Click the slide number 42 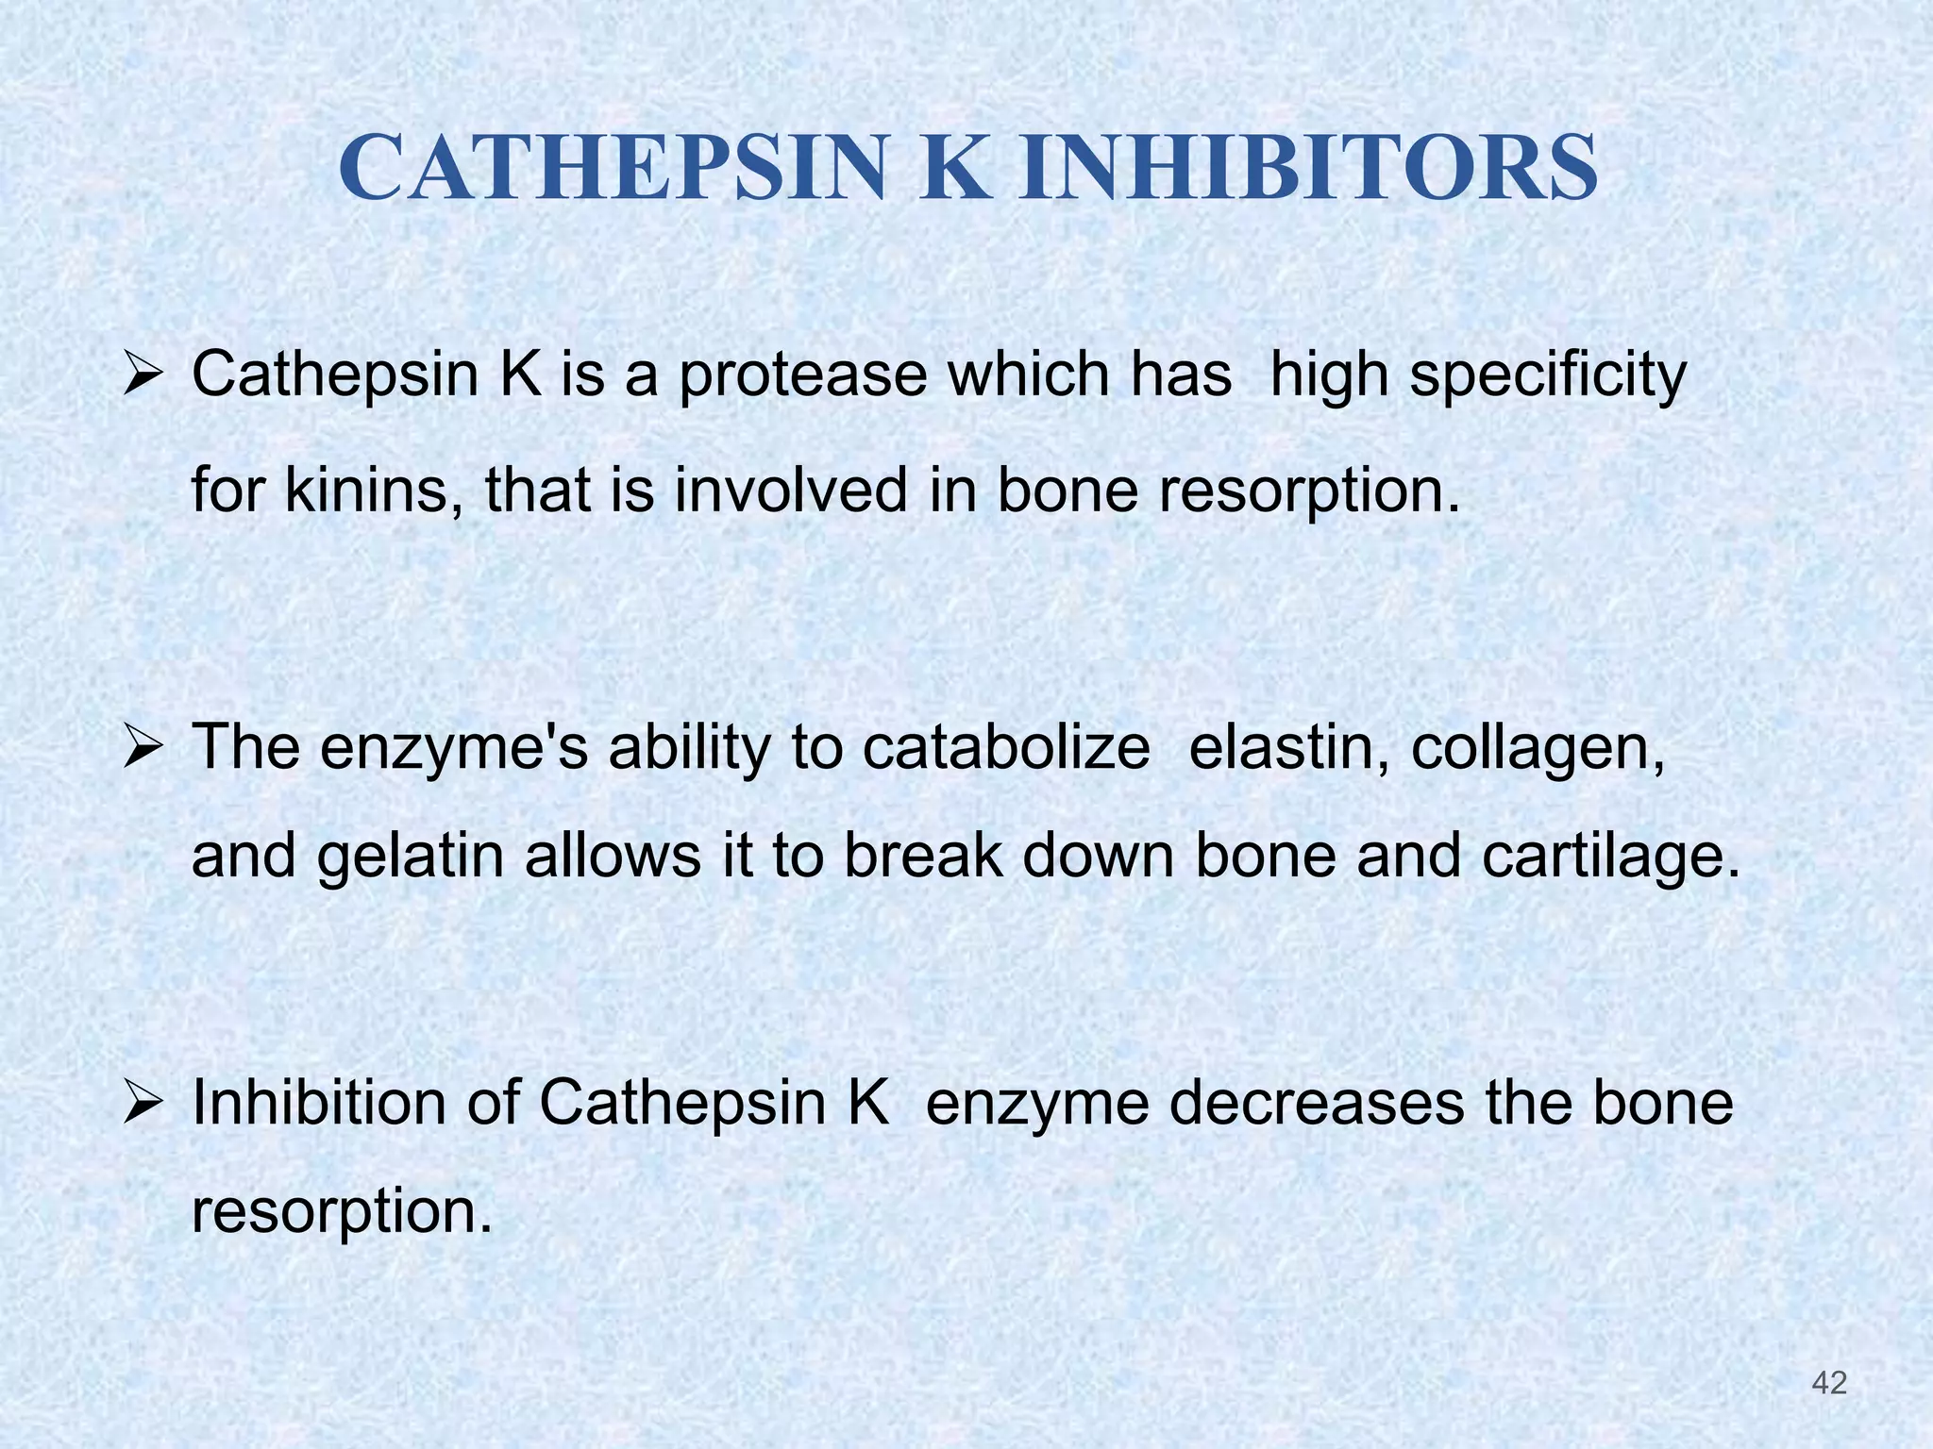tap(1829, 1383)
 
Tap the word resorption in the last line tap(342, 1213)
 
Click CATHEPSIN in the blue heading tap(613, 169)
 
